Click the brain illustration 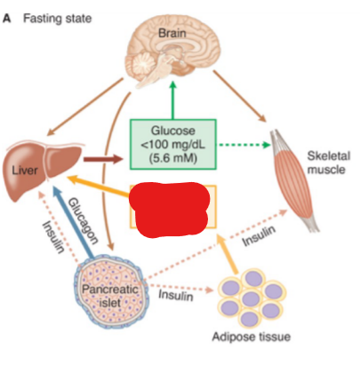coord(173,52)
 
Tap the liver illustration coord(43,169)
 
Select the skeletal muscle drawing coord(294,180)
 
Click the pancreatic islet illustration coord(111,291)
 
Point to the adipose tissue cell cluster coord(252,298)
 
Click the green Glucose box coord(173,144)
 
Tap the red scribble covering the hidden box coord(170,210)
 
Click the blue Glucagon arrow coord(74,221)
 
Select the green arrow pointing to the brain coord(173,99)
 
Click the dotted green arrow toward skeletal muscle coord(244,145)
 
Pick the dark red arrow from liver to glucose coord(103,159)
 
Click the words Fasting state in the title coord(58,19)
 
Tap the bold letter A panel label coord(7,19)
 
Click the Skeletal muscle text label coord(328,163)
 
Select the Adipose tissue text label coord(252,337)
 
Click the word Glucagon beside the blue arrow coord(84,221)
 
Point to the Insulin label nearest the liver coord(53,237)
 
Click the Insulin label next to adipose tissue coord(176,296)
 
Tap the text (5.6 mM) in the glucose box coord(173,158)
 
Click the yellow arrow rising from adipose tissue coord(228,253)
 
